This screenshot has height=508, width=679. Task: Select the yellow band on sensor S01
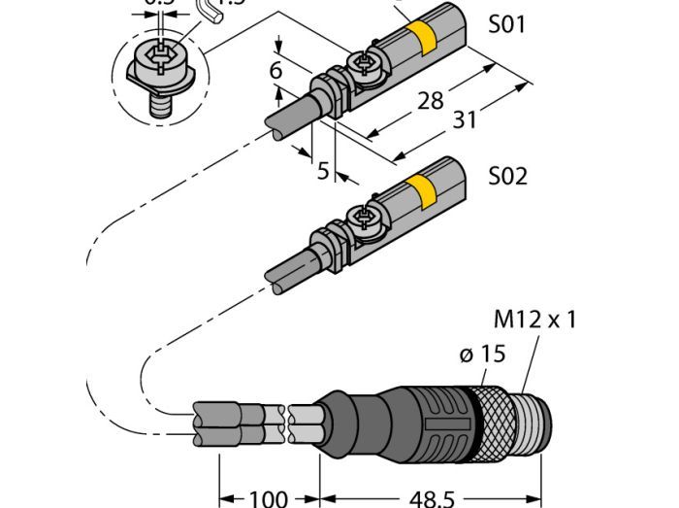[422, 39]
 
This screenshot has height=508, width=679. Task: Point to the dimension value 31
[466, 121]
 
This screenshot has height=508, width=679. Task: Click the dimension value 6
[276, 70]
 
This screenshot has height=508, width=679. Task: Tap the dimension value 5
[324, 171]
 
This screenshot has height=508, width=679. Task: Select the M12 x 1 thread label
[533, 319]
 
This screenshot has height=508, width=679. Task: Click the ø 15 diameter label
[482, 354]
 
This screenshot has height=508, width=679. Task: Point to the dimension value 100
[268, 498]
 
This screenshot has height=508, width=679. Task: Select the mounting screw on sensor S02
[368, 218]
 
